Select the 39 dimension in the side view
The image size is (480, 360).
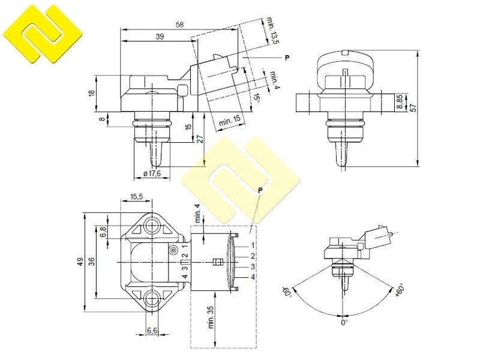tap(160, 37)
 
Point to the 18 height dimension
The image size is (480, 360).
tap(92, 93)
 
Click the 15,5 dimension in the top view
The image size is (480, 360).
tap(136, 197)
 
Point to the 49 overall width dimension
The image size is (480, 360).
tap(80, 262)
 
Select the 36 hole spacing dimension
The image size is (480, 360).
tap(91, 262)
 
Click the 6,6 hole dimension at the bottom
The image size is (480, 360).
tap(152, 331)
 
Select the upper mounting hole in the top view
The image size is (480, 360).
tap(152, 226)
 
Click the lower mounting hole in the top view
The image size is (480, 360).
tap(152, 298)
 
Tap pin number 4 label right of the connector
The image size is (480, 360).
tap(253, 277)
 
